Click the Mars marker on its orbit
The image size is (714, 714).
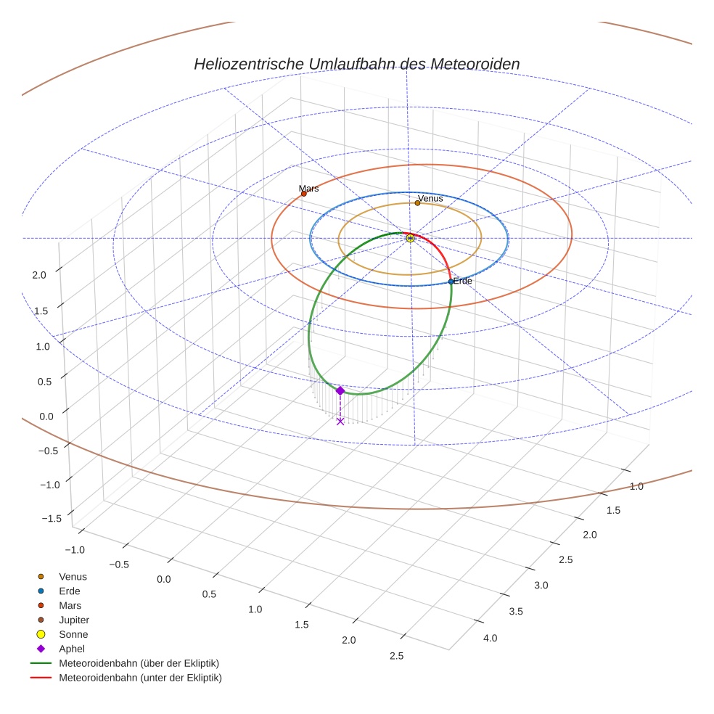coord(303,194)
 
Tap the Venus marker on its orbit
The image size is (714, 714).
coord(417,203)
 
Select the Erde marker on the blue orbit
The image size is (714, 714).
coord(451,282)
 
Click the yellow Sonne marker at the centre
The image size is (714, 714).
coord(410,238)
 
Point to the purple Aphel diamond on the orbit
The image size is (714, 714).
coord(340,390)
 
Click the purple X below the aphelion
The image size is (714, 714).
coord(340,421)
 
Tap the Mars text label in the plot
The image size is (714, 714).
coord(308,189)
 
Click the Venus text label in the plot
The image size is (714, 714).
coord(430,198)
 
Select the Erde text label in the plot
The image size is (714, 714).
coord(463,281)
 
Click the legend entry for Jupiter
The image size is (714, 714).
coord(74,620)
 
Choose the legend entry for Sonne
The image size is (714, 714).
coord(73,635)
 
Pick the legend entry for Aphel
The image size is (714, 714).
coord(72,649)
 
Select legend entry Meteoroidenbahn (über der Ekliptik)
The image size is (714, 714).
coord(139,664)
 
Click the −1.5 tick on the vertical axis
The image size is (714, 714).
coord(52,518)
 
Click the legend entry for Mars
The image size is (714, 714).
coord(70,606)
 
